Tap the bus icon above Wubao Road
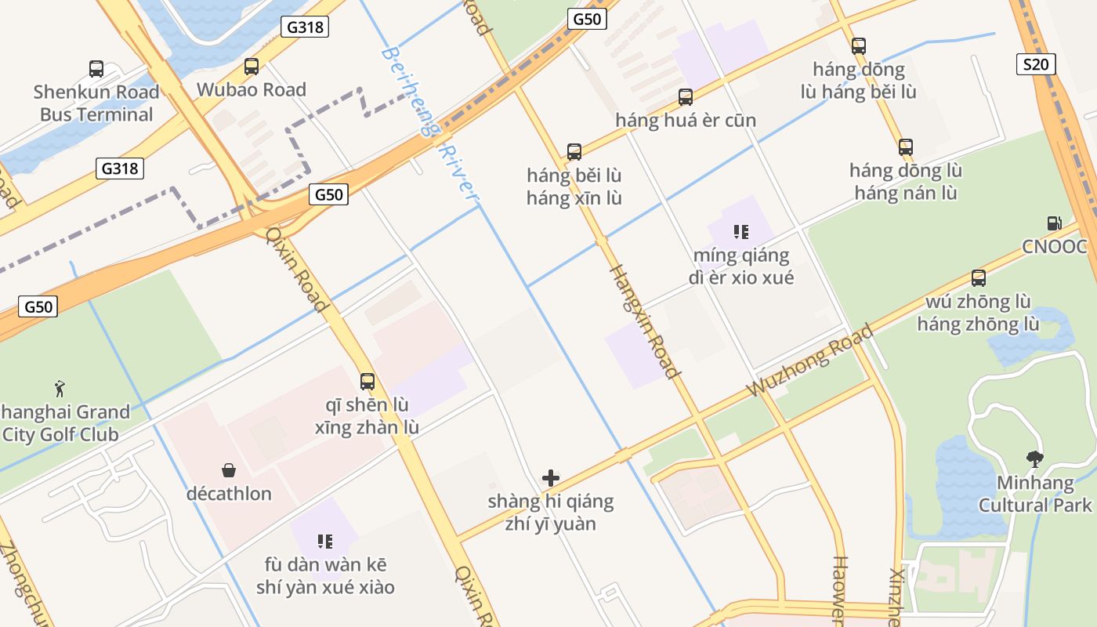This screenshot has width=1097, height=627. (x=252, y=67)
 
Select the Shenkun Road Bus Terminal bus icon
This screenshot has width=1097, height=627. (x=96, y=69)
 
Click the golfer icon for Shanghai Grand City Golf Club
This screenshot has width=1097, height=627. (x=60, y=388)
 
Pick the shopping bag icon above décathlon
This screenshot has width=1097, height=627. (x=229, y=470)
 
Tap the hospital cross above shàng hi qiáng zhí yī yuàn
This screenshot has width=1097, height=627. (x=551, y=477)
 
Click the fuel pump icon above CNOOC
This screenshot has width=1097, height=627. (x=1054, y=223)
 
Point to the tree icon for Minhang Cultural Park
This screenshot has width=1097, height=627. (x=1034, y=459)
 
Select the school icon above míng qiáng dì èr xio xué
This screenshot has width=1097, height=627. (x=740, y=232)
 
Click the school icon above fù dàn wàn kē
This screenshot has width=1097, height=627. (x=325, y=541)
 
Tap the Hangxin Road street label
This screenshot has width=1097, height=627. (x=643, y=321)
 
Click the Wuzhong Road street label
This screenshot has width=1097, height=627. (x=809, y=361)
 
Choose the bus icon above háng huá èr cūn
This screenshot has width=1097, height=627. (x=686, y=97)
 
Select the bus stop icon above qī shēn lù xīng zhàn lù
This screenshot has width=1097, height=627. (x=367, y=382)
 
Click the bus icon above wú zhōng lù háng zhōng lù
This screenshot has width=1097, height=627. (x=979, y=277)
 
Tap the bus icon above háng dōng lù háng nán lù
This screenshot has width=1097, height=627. (x=906, y=147)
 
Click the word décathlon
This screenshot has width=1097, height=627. (x=229, y=494)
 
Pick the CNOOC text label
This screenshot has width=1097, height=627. (x=1055, y=247)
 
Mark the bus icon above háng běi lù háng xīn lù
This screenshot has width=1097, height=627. (x=574, y=152)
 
